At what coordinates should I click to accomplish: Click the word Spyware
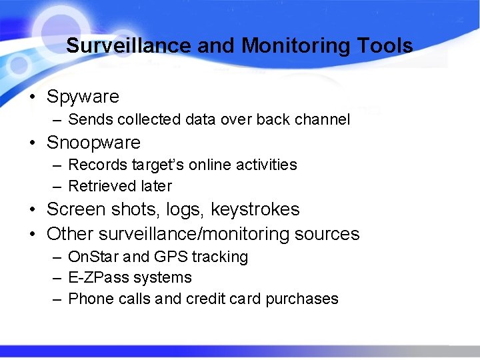pos(83,97)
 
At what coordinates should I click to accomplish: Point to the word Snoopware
pos(93,143)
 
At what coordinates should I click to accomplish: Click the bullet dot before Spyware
pos(32,97)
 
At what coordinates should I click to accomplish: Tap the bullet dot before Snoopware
pos(32,143)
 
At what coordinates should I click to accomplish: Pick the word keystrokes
pos(255,210)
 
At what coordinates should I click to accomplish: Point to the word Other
pos(70,235)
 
